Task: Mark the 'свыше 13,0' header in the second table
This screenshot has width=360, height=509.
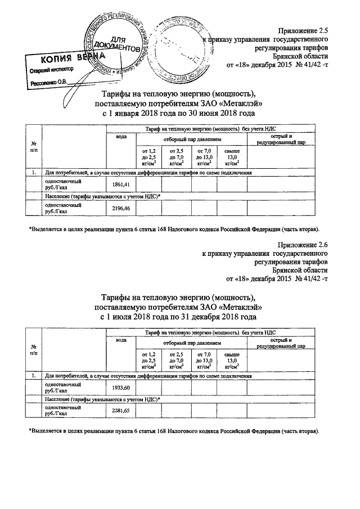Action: coord(232,359)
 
